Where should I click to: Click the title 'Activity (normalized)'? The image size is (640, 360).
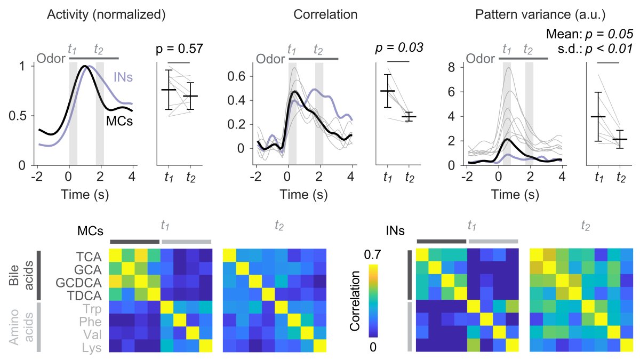pyautogui.click(x=107, y=15)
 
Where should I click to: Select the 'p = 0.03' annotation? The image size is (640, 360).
pyautogui.click(x=399, y=47)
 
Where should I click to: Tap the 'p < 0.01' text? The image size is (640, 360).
pyautogui.click(x=609, y=50)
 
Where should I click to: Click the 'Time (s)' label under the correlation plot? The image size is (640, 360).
pyautogui.click(x=303, y=195)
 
